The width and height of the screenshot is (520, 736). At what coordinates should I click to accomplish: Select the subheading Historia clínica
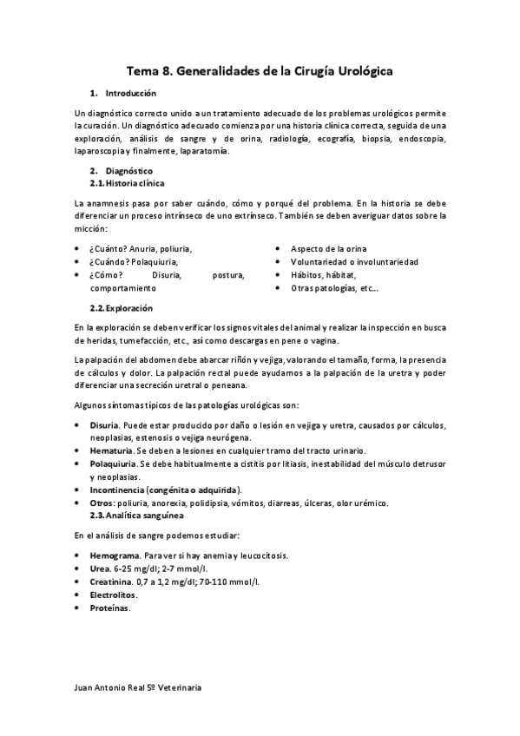(135, 184)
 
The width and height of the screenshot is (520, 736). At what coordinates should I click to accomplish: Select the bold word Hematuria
(111, 450)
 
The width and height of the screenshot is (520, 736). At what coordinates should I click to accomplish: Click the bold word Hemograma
(114, 555)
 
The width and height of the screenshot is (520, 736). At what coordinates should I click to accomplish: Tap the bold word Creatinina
(109, 582)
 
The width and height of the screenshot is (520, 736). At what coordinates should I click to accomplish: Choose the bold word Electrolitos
(113, 595)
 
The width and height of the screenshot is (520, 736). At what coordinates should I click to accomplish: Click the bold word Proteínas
(109, 608)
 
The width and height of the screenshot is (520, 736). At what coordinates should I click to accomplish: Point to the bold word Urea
(99, 568)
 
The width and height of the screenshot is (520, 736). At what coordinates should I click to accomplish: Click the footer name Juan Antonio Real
(121, 687)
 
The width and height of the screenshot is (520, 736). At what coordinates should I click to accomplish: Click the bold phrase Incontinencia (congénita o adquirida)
(159, 490)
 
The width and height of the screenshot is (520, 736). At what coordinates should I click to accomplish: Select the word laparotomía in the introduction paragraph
(204, 151)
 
